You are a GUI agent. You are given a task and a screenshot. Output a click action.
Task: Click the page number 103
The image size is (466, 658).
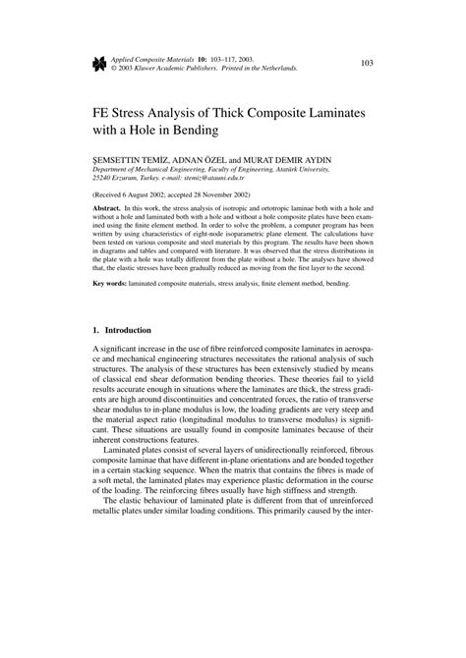(x=367, y=65)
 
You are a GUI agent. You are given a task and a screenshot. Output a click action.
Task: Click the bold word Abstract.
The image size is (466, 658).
(x=109, y=209)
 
